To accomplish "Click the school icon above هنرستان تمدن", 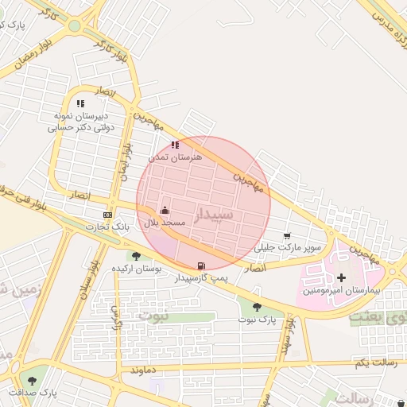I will click(175, 145).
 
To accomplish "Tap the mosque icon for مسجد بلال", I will click(165, 210).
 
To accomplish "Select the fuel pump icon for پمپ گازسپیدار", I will click(201, 266).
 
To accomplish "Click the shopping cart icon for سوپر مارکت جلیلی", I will click(287, 235).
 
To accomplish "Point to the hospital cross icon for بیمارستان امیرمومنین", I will click(342, 277).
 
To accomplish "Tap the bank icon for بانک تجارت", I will click(108, 215).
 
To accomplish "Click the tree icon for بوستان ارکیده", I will click(137, 256).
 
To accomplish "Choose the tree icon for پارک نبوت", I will click(257, 307).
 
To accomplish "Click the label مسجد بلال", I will click(164, 223).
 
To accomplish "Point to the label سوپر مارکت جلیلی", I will click(288, 248).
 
